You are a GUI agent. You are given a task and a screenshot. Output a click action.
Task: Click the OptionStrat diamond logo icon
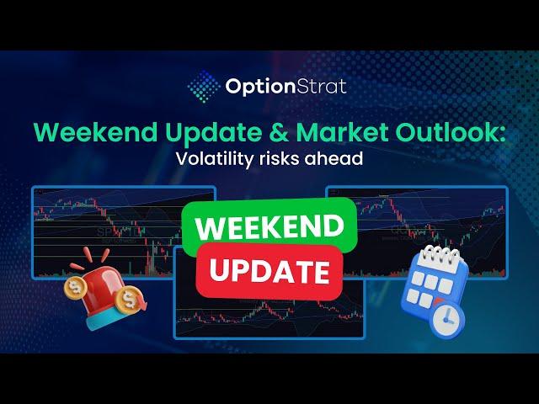tap(203, 85)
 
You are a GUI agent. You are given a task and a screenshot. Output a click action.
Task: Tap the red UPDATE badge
tap(269, 271)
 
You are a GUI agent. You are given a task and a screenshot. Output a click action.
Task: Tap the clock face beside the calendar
tap(447, 318)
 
